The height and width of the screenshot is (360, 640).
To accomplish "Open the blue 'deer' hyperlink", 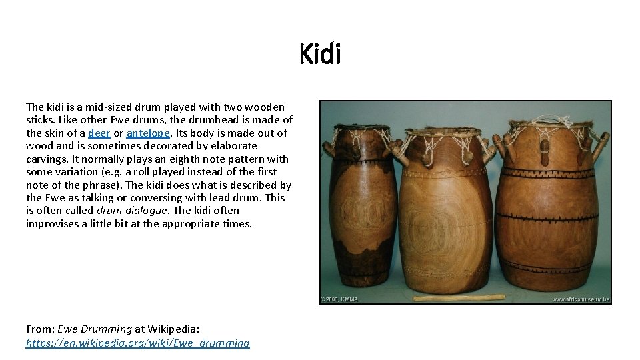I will pyautogui.click(x=99, y=133).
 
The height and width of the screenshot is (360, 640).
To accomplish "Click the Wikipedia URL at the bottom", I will pyautogui.click(x=137, y=343).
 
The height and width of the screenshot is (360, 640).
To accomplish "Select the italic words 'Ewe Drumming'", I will pyautogui.click(x=95, y=329).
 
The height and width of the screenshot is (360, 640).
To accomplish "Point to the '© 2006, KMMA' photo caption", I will pyautogui.click(x=340, y=299).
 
